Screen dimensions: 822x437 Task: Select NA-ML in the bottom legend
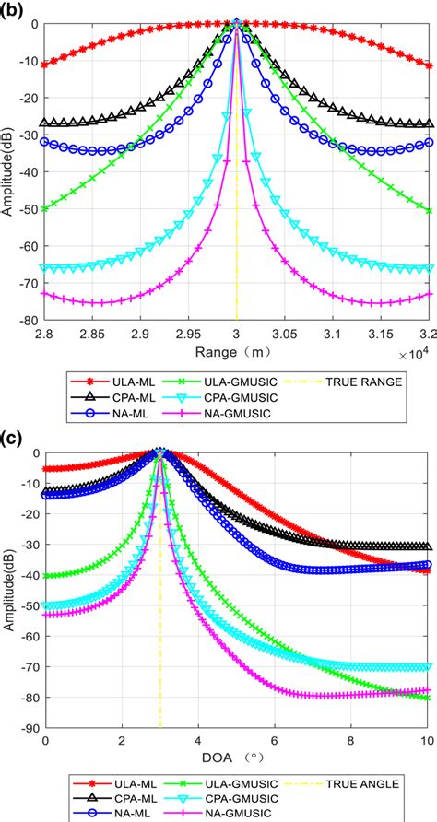108,814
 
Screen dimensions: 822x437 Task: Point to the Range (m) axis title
236,351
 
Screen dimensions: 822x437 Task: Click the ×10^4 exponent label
413,352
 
